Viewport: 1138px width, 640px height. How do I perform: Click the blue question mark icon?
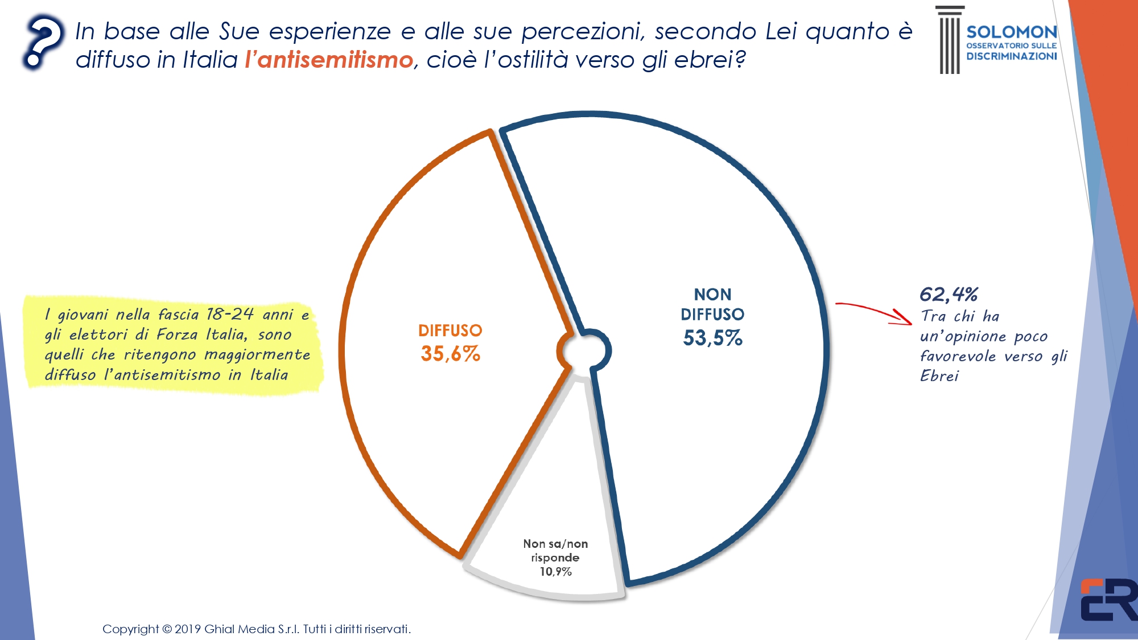tap(43, 43)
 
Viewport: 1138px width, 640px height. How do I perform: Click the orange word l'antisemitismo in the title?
tap(329, 60)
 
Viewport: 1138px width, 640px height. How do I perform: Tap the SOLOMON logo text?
tap(1011, 32)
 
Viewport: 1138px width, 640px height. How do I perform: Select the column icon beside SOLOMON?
tap(949, 40)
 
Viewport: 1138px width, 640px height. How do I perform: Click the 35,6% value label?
tap(450, 354)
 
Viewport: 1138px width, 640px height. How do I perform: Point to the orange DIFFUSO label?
tap(450, 331)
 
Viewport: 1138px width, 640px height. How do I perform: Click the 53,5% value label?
tap(712, 338)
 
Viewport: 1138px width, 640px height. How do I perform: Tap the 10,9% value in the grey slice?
tap(555, 572)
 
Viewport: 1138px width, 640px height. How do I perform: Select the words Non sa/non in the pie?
tap(555, 544)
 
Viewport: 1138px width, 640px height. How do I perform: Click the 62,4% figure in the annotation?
tap(949, 294)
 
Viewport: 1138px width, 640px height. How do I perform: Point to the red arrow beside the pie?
tap(874, 312)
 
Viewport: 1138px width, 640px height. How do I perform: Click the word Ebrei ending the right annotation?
tap(939, 376)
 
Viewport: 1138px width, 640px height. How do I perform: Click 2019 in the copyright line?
tap(187, 629)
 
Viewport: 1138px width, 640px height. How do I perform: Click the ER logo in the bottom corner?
tap(1108, 600)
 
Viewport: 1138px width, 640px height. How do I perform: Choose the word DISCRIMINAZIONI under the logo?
tap(1011, 56)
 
